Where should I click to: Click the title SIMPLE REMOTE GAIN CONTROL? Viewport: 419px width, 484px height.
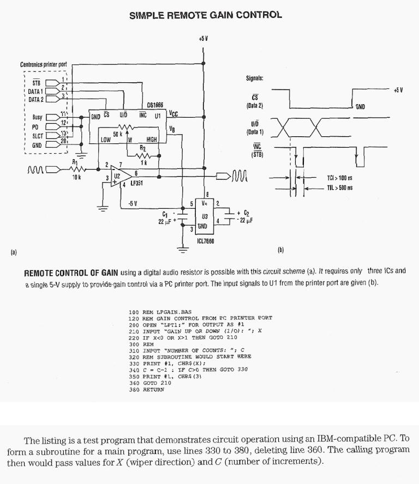[x=206, y=15]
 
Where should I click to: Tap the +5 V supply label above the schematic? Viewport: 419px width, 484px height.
[x=203, y=39]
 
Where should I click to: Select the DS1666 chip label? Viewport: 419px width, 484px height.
[x=155, y=105]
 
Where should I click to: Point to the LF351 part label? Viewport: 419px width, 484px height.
[x=136, y=184]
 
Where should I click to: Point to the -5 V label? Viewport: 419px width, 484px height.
[x=132, y=203]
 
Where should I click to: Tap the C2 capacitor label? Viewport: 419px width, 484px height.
[x=246, y=213]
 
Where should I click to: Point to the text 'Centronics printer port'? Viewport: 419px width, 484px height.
[x=43, y=64]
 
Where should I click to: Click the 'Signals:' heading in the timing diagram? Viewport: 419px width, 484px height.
[x=255, y=78]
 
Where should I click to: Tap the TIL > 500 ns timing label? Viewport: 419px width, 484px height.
[x=339, y=187]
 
